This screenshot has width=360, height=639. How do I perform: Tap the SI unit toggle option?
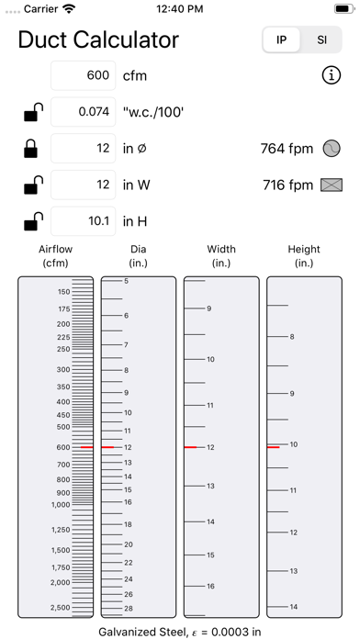click(x=321, y=40)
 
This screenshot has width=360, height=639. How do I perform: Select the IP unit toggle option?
click(x=281, y=40)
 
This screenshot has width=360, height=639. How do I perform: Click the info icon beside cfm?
click(x=331, y=75)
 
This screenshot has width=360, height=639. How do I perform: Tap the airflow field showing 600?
click(x=84, y=75)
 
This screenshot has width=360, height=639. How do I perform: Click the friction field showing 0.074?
click(x=84, y=112)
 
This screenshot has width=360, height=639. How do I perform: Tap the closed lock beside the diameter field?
click(x=31, y=149)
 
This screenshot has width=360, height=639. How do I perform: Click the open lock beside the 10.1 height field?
click(x=33, y=221)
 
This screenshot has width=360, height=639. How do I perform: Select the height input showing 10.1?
click(x=84, y=221)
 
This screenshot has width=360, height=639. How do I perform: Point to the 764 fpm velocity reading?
click(x=287, y=149)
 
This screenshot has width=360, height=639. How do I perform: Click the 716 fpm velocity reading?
click(x=287, y=185)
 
